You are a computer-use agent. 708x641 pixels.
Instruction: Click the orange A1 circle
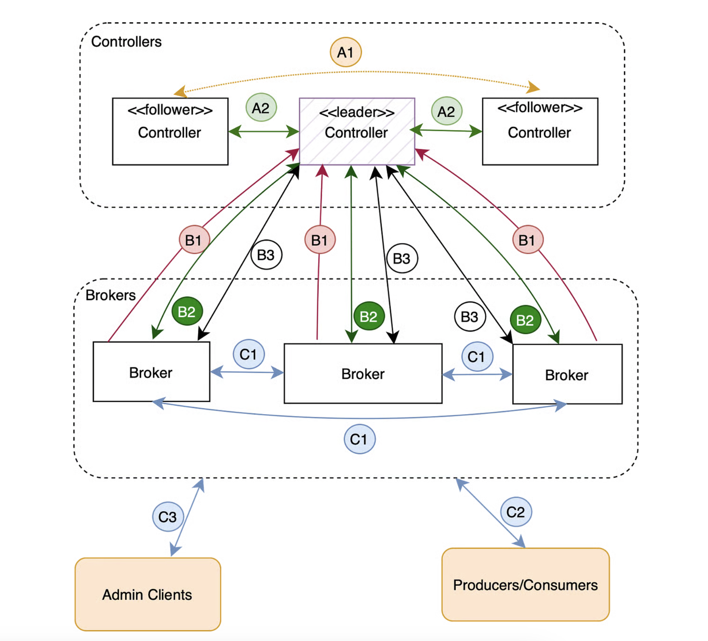[x=346, y=52]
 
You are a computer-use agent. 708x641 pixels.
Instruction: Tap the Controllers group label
[x=126, y=41]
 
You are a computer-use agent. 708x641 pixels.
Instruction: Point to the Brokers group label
[x=111, y=295]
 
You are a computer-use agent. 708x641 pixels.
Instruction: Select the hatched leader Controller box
[x=357, y=131]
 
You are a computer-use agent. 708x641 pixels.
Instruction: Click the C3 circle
[x=168, y=517]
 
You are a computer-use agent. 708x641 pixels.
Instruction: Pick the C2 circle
[x=516, y=512]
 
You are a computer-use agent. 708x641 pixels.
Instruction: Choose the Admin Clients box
[x=148, y=594]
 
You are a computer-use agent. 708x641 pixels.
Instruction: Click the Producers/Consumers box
[x=525, y=584]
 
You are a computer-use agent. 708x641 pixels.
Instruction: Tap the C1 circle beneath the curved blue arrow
[x=359, y=439]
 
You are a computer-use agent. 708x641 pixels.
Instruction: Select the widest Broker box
[x=363, y=373]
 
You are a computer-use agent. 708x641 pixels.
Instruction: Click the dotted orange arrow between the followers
[x=357, y=72]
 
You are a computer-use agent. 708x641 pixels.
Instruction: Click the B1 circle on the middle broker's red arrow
[x=320, y=240]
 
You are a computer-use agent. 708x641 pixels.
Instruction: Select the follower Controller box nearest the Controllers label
[x=170, y=131]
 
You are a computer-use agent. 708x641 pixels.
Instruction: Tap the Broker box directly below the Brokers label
[x=151, y=372]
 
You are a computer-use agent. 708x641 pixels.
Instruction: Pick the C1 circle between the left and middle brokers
[x=248, y=354]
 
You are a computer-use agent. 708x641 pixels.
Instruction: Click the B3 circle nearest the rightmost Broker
[x=470, y=317]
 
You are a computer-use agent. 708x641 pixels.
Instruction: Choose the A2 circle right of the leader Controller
[x=446, y=111]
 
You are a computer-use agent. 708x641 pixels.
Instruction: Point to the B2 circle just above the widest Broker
[x=369, y=316]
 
